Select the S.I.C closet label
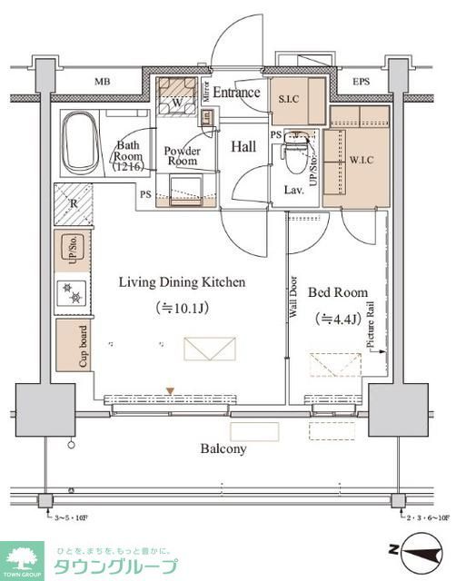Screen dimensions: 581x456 pyautogui.click(x=289, y=99)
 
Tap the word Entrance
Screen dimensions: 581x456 pyautogui.click(x=237, y=93)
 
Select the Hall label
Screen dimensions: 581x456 pyautogui.click(x=242, y=146)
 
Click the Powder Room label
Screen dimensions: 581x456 pyautogui.click(x=181, y=155)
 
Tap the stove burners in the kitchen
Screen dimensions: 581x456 pyautogui.click(x=74, y=291)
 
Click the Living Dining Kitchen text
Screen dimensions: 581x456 pyautogui.click(x=182, y=282)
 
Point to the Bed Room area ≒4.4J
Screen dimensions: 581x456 pyautogui.click(x=338, y=319)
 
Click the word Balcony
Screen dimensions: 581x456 pyautogui.click(x=224, y=448)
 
